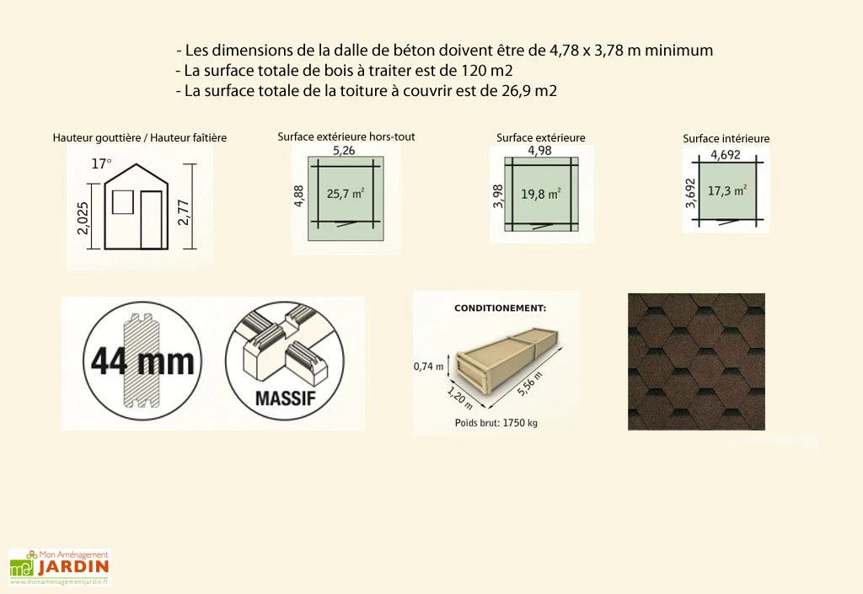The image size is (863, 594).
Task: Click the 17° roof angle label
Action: [x=101, y=164]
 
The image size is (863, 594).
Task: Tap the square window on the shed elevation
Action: [x=123, y=202]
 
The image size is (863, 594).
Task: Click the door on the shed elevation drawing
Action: [x=152, y=220]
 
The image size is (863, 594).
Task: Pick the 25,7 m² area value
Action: [x=345, y=193]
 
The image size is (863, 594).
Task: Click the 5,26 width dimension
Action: [x=342, y=151]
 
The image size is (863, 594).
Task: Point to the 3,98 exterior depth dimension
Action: [x=497, y=193]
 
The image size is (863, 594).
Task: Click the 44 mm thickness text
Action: [x=142, y=361]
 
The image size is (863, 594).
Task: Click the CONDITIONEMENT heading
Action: [x=500, y=308]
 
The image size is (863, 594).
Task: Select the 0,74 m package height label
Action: [x=429, y=367]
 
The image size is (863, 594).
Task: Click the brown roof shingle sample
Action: [x=695, y=361]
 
